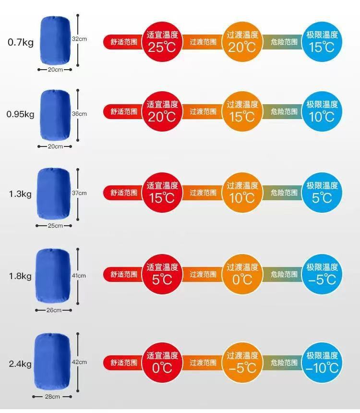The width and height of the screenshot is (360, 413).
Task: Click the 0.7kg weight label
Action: point(20,42)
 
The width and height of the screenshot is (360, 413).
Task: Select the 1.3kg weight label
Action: point(20,194)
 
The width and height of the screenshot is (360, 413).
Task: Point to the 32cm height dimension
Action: point(79,38)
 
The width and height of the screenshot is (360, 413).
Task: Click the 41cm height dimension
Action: point(79,276)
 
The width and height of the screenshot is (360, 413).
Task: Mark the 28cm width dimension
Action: point(52,397)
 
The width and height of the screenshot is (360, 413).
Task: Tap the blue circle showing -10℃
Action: point(323,363)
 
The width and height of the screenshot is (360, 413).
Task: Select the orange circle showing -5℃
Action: point(242,363)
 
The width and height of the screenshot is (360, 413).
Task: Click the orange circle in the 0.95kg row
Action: point(242,111)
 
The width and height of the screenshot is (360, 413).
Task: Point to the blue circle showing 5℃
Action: point(323,193)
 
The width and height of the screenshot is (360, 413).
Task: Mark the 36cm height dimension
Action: point(79,114)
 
